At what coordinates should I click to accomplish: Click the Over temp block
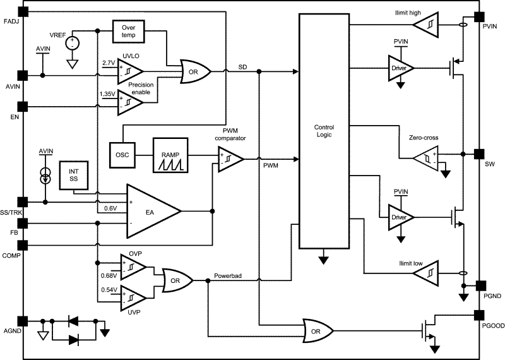pyautogui.click(x=128, y=31)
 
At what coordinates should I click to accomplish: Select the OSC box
pyautogui.click(x=122, y=155)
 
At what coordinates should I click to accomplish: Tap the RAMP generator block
pyautogui.click(x=170, y=155)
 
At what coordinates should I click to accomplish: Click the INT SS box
pyautogui.click(x=74, y=175)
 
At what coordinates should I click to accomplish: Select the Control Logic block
pyautogui.click(x=324, y=131)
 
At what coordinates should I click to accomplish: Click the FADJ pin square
pyautogui.click(x=23, y=11)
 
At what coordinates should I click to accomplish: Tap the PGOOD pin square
pyautogui.click(x=479, y=316)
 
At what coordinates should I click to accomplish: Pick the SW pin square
pyautogui.click(x=479, y=154)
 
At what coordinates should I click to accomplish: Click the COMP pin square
pyautogui.click(x=23, y=246)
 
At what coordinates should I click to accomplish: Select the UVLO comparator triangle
pyautogui.click(x=130, y=71)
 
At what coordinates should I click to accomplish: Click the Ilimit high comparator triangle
pyautogui.click(x=425, y=25)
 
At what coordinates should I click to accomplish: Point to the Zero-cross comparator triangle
pyautogui.click(x=425, y=158)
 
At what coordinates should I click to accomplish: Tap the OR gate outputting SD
pyautogui.click(x=196, y=71)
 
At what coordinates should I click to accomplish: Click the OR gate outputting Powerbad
pyautogui.click(x=177, y=280)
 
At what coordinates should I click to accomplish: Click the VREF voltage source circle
pyautogui.click(x=73, y=43)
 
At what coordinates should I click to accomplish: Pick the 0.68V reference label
pyautogui.click(x=109, y=275)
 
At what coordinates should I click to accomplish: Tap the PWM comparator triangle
pyautogui.click(x=230, y=159)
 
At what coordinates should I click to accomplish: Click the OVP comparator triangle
pyautogui.click(x=133, y=267)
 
